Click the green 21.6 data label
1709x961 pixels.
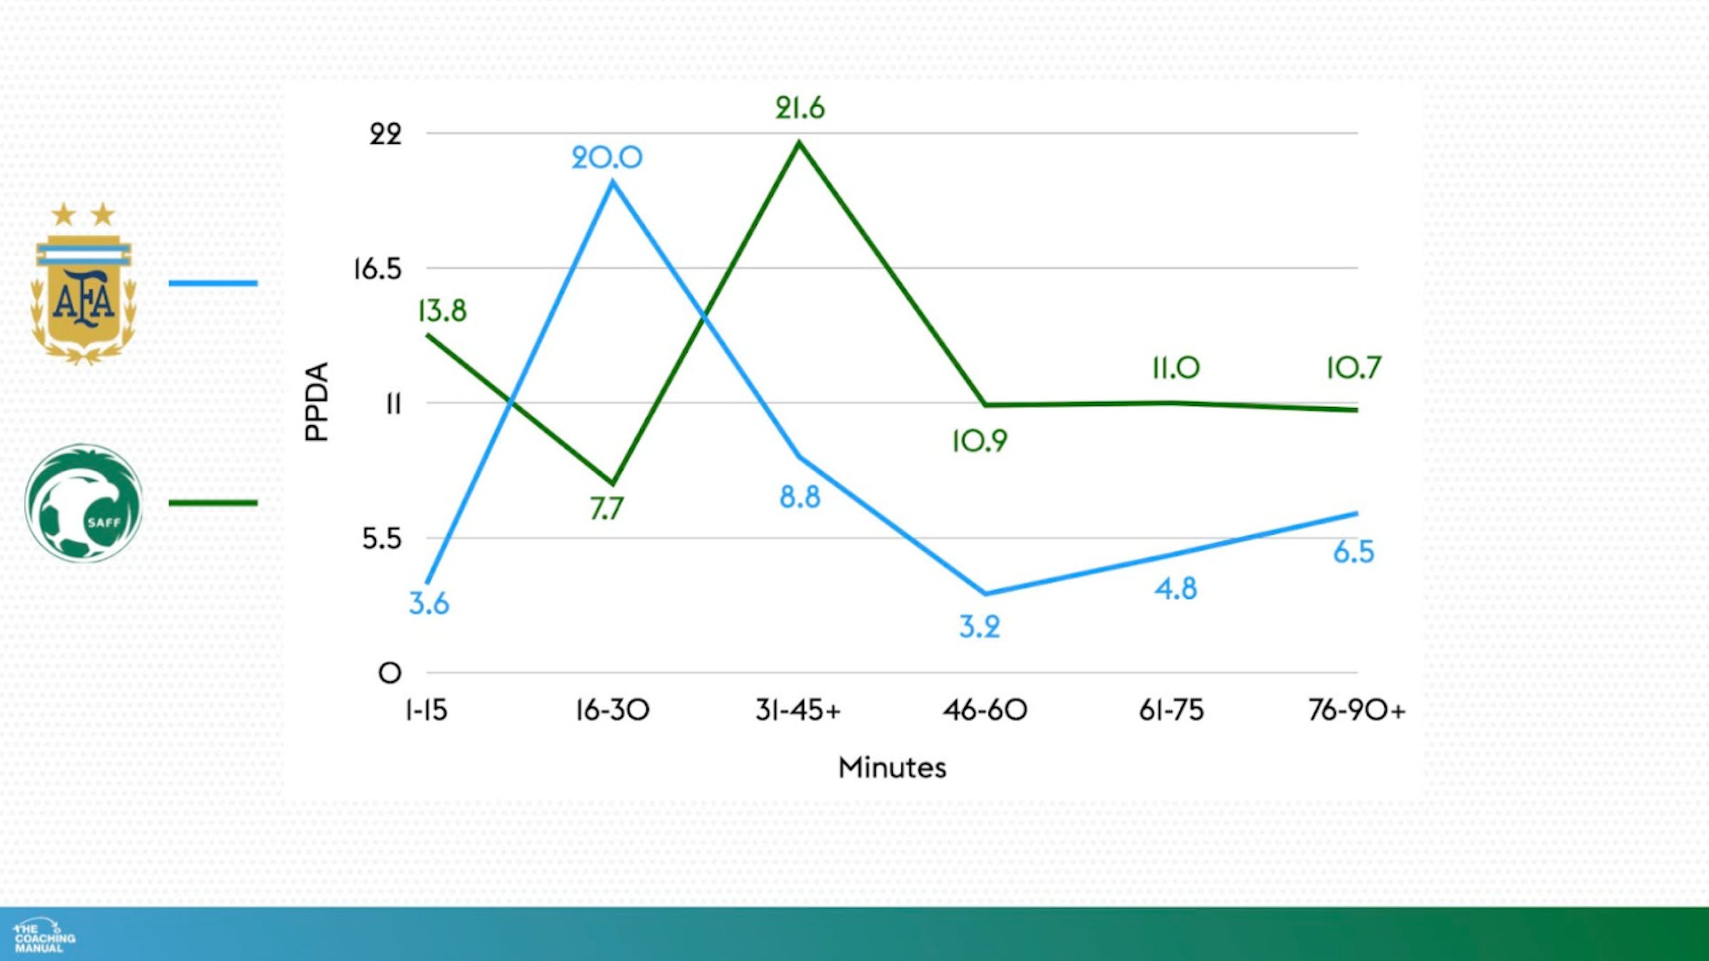(x=800, y=108)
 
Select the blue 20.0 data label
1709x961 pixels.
(x=607, y=157)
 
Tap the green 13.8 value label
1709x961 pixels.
(x=442, y=311)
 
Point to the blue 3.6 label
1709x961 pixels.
(x=429, y=604)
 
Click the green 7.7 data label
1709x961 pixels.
(x=607, y=509)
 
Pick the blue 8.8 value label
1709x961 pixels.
(x=800, y=497)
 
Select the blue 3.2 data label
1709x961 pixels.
(x=979, y=627)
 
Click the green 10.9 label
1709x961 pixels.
(x=979, y=441)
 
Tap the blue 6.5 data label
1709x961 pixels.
(x=1353, y=552)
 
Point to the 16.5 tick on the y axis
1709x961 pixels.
(x=377, y=269)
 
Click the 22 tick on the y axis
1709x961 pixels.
(x=385, y=134)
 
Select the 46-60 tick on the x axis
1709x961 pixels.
(x=985, y=710)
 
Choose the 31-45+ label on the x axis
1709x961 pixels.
(x=798, y=710)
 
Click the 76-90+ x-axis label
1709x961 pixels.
(x=1357, y=710)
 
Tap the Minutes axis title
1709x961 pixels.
(x=892, y=767)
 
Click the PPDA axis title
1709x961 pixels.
(x=317, y=401)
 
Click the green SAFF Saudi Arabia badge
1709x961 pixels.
(x=83, y=503)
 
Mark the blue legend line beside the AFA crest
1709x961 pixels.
(x=213, y=283)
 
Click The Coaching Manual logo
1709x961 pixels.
(x=44, y=937)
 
